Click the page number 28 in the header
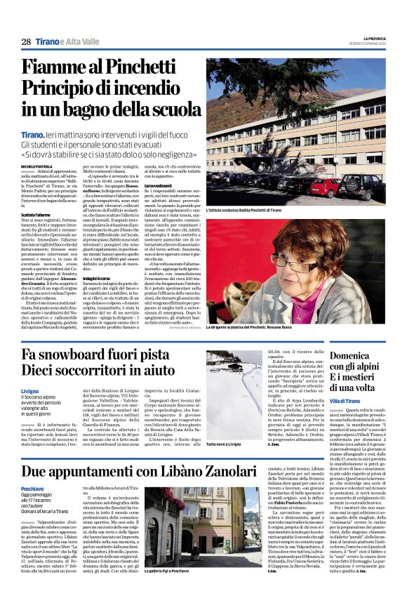[x=26, y=42]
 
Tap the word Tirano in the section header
[x=48, y=42]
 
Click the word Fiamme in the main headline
[x=61, y=68]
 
